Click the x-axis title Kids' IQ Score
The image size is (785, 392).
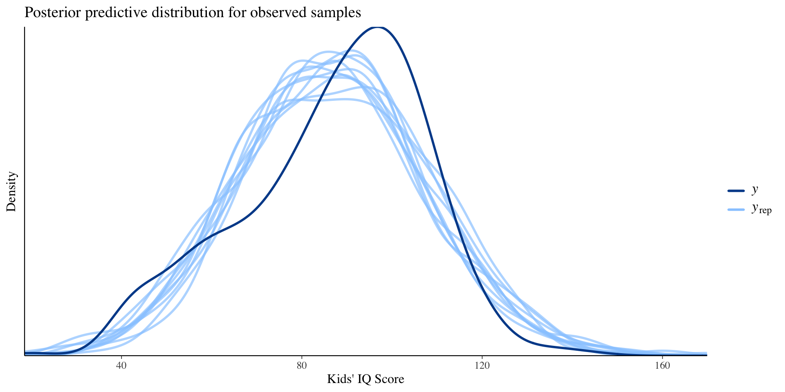pyautogui.click(x=366, y=379)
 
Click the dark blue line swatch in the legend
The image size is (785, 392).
pyautogui.click(x=736, y=191)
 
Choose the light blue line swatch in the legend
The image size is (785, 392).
pyautogui.click(x=736, y=210)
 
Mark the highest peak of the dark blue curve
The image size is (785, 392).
pyautogui.click(x=378, y=27)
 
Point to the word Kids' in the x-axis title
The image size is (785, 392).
pyautogui.click(x=340, y=379)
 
